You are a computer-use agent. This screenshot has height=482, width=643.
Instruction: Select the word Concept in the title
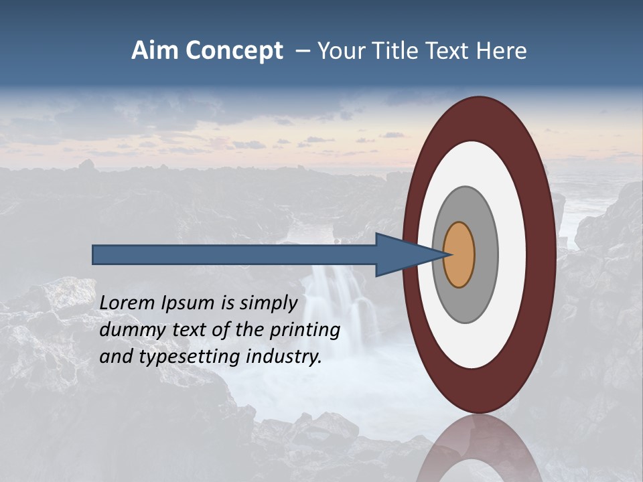[x=234, y=52]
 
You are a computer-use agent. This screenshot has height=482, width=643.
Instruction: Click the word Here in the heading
[x=502, y=51]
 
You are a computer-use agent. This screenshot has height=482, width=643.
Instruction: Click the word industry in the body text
[x=284, y=357]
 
